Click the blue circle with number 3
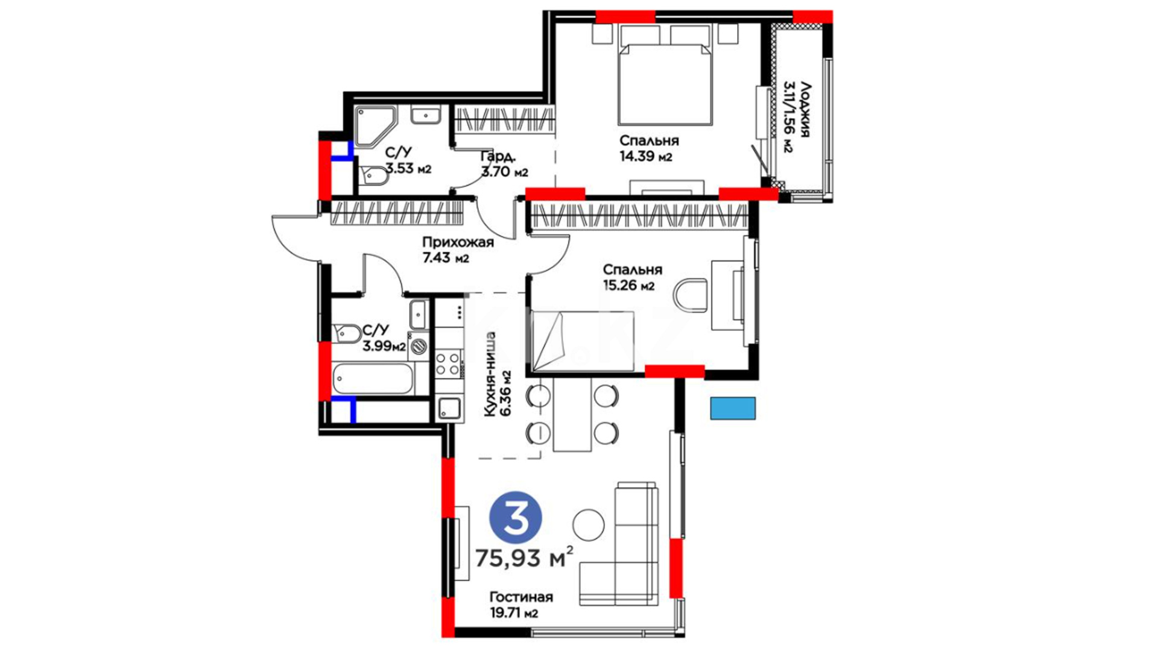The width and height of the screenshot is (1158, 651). [515, 518]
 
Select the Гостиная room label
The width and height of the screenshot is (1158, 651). [521, 597]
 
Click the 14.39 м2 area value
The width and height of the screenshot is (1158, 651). [645, 157]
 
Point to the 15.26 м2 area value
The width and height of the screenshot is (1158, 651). [628, 286]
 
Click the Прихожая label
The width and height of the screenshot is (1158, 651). [458, 242]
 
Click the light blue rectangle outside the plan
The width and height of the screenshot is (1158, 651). [733, 408]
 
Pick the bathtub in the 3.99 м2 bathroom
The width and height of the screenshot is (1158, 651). [372, 379]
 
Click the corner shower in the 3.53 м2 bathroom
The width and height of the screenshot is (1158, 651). [375, 126]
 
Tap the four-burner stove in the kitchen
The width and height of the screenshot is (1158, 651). [448, 363]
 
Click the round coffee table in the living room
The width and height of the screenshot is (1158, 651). [588, 525]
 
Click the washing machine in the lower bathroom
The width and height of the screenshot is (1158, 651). [419, 346]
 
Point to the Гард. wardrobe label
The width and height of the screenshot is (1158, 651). [498, 157]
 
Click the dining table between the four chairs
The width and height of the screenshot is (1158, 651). [572, 414]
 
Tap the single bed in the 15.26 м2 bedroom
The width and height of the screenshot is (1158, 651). [583, 342]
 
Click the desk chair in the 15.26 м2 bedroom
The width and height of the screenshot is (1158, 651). [691, 295]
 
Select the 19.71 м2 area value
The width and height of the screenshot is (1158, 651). [514, 614]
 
